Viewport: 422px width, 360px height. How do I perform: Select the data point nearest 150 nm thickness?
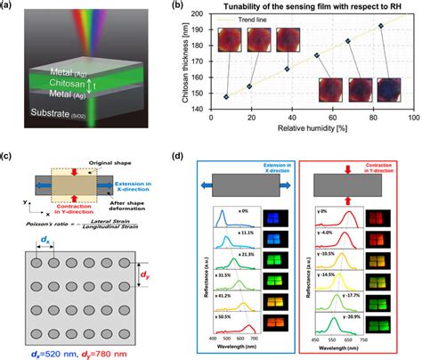pyautogui.click(x=225, y=96)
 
